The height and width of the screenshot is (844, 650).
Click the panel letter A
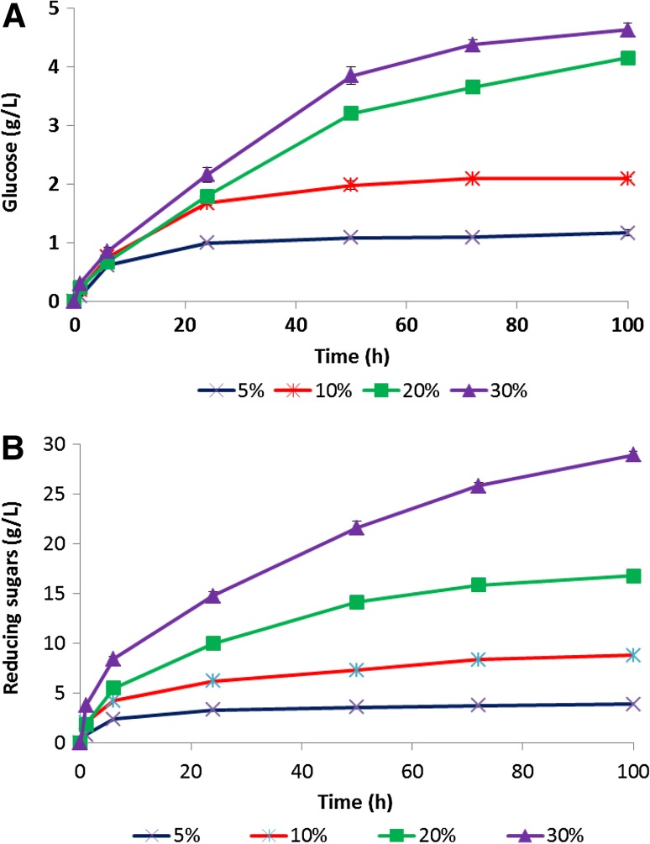pyautogui.click(x=14, y=16)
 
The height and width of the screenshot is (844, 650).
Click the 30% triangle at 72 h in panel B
pyautogui.click(x=478, y=485)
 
